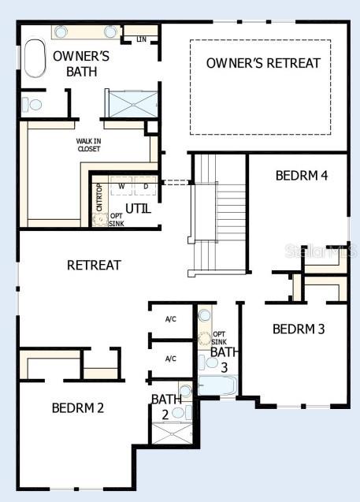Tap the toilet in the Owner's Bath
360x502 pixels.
tap(33, 104)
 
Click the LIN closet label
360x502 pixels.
tap(142, 39)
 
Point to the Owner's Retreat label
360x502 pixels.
tap(263, 63)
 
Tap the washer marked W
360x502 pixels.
tap(121, 187)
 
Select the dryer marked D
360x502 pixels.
tap(145, 187)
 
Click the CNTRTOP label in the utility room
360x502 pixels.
tap(99, 197)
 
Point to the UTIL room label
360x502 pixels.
tap(138, 209)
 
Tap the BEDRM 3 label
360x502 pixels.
tap(299, 329)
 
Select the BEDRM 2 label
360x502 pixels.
tap(78, 407)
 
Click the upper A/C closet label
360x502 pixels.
tap(170, 319)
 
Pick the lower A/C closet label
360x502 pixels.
tap(170, 359)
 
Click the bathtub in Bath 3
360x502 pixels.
tap(217, 385)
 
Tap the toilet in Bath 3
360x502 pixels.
tap(204, 362)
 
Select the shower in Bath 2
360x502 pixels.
tap(170, 434)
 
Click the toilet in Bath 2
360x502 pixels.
tap(180, 411)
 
